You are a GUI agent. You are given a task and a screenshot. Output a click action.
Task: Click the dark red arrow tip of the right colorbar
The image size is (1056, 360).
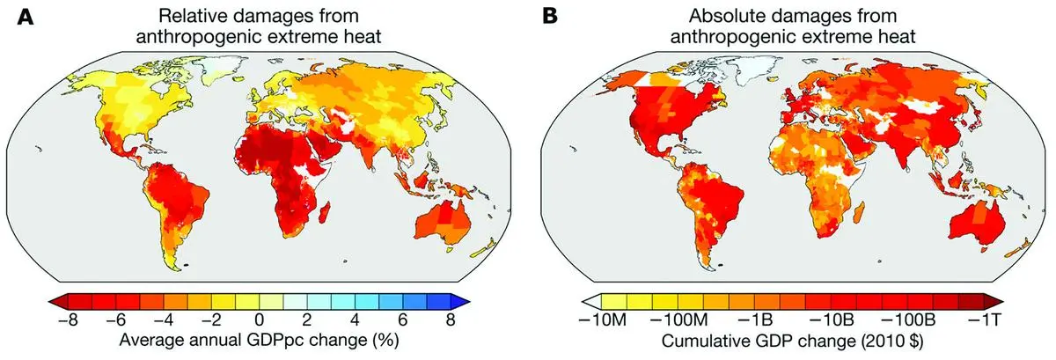point(1003,300)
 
